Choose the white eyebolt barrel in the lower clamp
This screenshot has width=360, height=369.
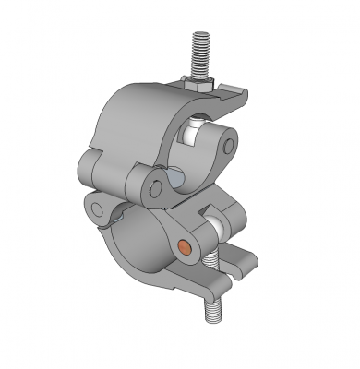tap(219, 224)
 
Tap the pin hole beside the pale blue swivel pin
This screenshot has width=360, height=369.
tap(154, 188)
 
